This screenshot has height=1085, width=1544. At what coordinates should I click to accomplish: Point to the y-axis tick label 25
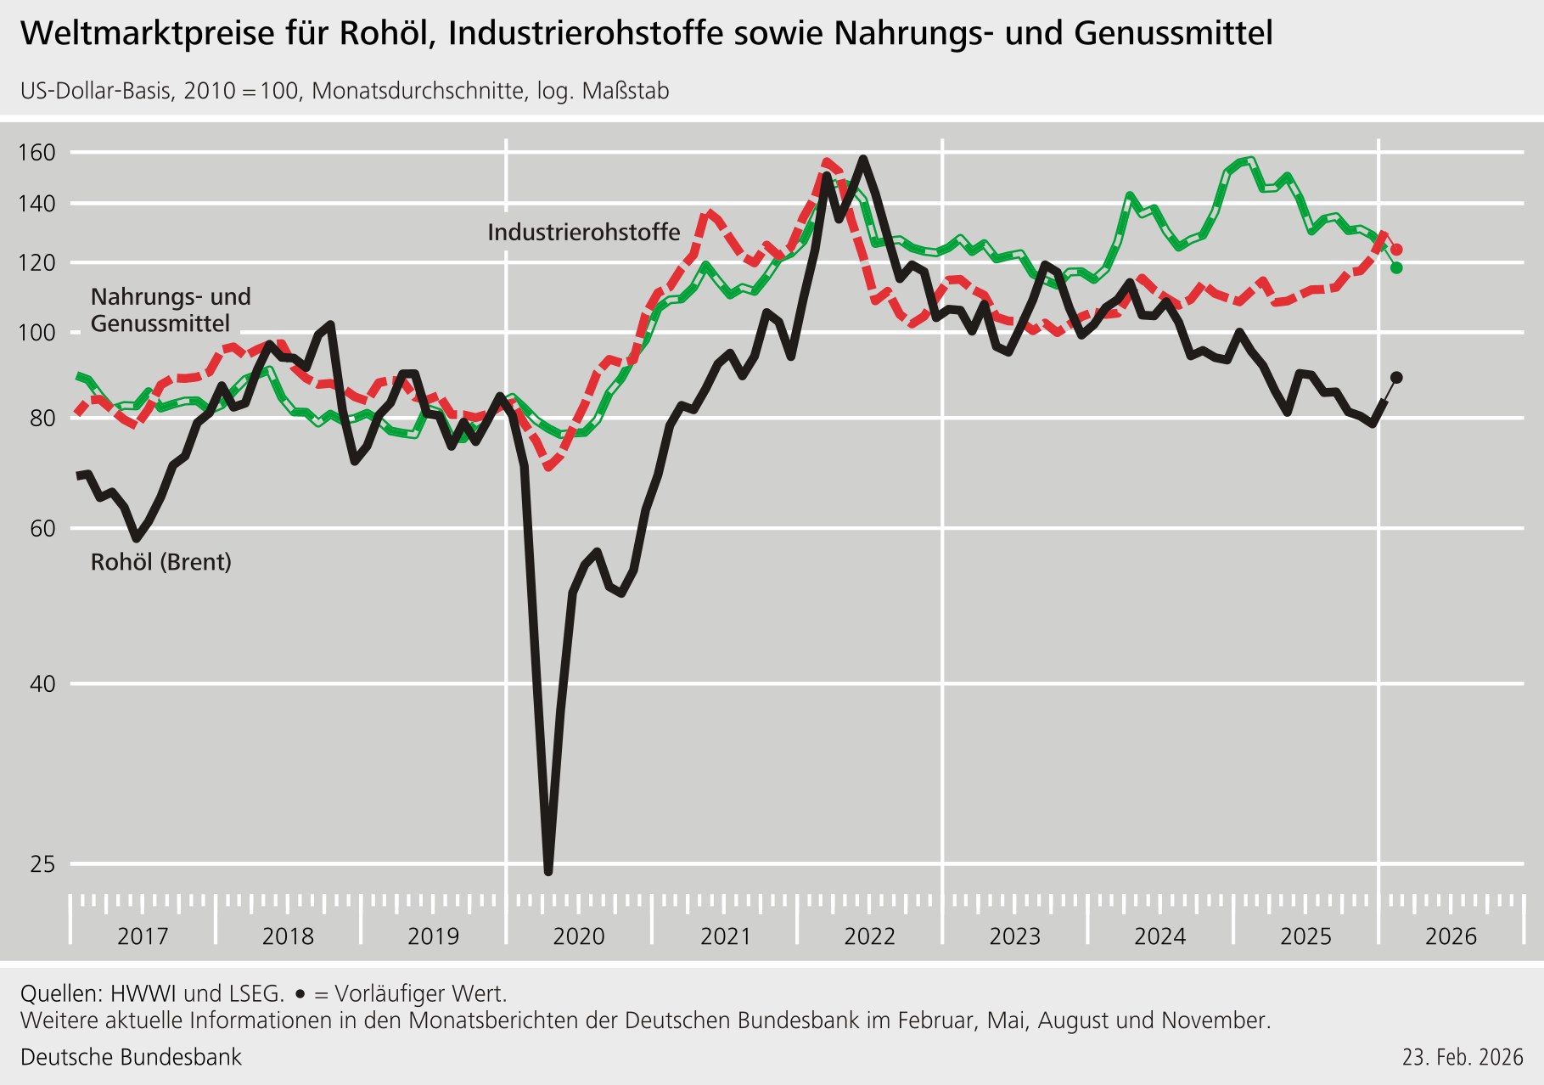click(42, 864)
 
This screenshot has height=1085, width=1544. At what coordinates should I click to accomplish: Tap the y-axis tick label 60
click(42, 528)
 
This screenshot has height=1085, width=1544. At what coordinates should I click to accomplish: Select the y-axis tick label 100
click(36, 332)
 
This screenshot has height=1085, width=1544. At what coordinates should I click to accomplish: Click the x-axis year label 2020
click(579, 936)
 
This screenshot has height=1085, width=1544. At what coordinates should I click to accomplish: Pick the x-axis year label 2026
click(1451, 936)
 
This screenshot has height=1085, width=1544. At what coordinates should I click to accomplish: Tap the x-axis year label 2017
click(143, 936)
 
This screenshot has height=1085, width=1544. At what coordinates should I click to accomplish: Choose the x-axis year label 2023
click(1014, 936)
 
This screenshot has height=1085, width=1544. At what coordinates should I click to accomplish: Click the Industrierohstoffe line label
click(583, 232)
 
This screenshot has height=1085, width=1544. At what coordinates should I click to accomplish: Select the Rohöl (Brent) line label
click(161, 562)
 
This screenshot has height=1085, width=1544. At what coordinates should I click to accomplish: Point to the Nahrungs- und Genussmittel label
click(171, 310)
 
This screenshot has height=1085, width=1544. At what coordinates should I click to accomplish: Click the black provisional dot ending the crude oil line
click(1396, 378)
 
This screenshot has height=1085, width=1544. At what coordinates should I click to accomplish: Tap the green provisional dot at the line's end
click(1396, 268)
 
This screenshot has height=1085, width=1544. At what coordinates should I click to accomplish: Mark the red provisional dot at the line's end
click(1396, 250)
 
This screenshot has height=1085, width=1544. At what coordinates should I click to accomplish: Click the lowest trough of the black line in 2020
click(548, 870)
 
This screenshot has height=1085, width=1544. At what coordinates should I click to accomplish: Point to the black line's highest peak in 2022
click(863, 159)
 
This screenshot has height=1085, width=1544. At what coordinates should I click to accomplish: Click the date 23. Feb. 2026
click(1463, 1057)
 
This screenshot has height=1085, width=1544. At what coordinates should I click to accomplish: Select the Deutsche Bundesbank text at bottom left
click(131, 1057)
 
